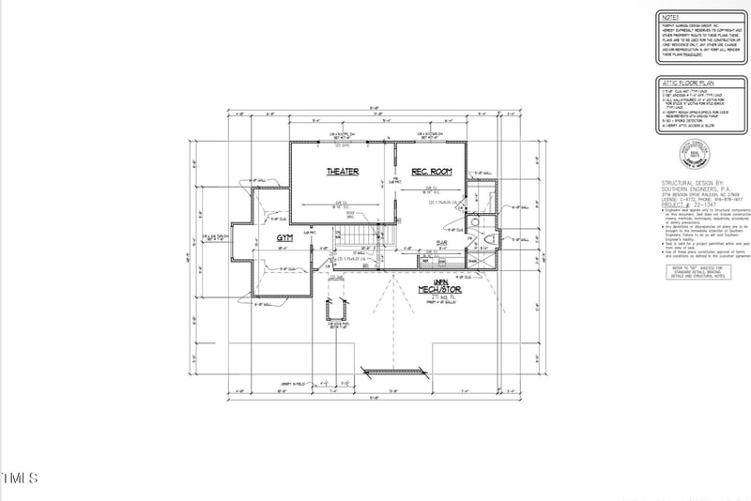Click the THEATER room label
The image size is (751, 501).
pyautogui.click(x=342, y=172)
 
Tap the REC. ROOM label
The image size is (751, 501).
pyautogui.click(x=432, y=172)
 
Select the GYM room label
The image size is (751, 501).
pyautogui.click(x=284, y=239)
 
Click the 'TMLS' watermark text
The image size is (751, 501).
pyautogui.click(x=19, y=478)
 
